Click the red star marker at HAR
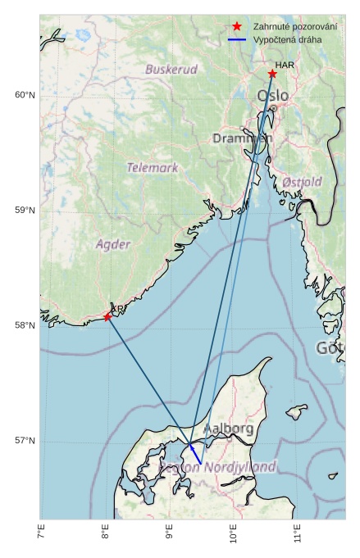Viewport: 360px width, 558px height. [x=272, y=74]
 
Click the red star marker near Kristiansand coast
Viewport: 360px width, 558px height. [x=107, y=316]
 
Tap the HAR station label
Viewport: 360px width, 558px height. [x=285, y=65]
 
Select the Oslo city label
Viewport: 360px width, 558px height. [x=273, y=96]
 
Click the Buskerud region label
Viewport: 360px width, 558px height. [x=171, y=70]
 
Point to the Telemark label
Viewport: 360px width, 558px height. [x=153, y=168]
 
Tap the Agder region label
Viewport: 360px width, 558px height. [x=113, y=244]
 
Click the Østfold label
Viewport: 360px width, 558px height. [x=303, y=181]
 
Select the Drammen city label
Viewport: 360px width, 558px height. [x=241, y=138]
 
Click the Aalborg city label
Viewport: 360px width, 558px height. [x=228, y=428]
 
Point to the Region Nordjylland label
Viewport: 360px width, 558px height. [x=218, y=466]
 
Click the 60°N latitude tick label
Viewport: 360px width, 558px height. [x=25, y=95]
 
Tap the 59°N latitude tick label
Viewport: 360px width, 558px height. [x=25, y=211]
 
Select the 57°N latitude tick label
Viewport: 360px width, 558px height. [x=25, y=441]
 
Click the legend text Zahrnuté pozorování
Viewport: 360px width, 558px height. [x=295, y=27]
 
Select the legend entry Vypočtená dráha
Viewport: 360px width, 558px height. [x=287, y=39]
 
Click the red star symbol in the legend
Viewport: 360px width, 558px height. [x=237, y=27]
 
